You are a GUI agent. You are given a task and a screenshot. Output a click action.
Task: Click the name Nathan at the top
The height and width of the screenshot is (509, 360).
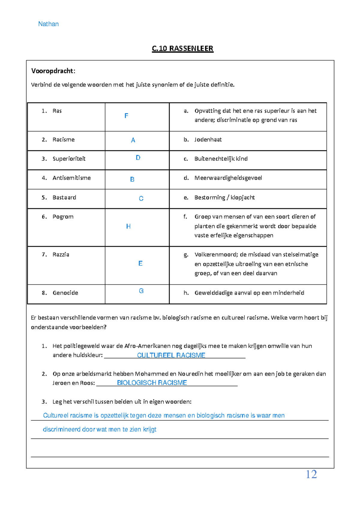coord(48,24)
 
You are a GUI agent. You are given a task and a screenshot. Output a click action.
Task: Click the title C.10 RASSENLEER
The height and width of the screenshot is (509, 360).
coord(182,49)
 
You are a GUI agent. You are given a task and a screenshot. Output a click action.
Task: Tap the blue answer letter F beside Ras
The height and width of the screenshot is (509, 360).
coord(126,116)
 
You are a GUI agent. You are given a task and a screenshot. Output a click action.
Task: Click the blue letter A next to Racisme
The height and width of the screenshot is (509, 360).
coord(133,140)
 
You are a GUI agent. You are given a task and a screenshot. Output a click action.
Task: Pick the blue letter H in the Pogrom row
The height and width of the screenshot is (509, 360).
coord(128,227)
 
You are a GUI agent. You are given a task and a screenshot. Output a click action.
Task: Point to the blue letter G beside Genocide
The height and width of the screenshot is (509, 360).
coord(141,291)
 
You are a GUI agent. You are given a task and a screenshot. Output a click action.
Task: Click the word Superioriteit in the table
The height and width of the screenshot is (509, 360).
coord(69,159)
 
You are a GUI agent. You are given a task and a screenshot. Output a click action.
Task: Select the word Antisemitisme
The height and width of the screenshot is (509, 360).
coord(71,178)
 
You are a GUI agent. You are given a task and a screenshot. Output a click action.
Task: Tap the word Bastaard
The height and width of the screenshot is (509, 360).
coord(64,197)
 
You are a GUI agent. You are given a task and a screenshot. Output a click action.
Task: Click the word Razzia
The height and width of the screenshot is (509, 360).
coord(61,254)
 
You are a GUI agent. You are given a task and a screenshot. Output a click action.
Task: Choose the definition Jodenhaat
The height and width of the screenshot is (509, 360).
coord(208,140)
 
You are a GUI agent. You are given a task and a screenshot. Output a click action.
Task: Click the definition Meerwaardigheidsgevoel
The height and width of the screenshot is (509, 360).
coord(228,178)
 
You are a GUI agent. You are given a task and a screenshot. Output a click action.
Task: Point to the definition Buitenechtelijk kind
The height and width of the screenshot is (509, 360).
coord(221,159)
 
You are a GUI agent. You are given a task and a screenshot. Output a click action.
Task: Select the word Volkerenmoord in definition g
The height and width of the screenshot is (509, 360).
coord(216,254)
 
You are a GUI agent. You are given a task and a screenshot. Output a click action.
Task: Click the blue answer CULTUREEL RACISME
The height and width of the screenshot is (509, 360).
coord(171,355)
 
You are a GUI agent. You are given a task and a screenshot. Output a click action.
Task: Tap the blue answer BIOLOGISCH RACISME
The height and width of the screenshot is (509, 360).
coord(152,383)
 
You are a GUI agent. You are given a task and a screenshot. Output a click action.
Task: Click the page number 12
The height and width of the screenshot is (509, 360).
coord(311,474)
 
